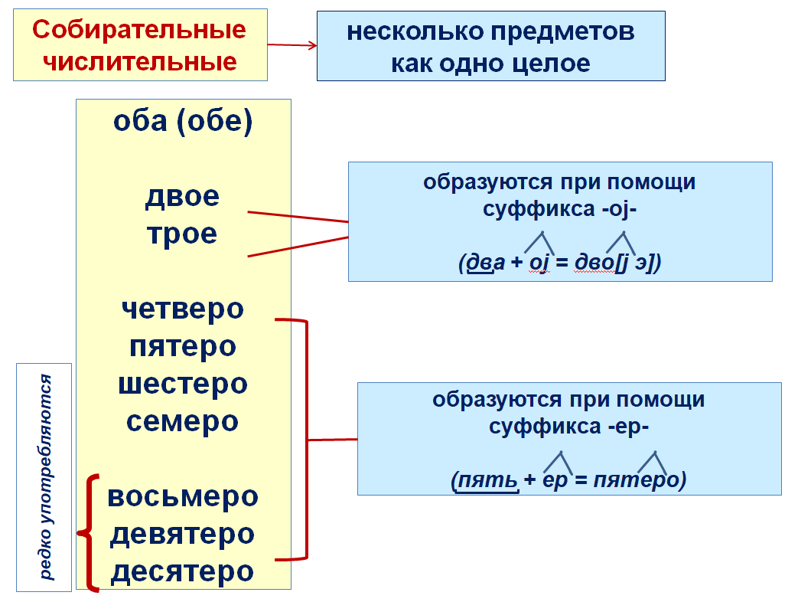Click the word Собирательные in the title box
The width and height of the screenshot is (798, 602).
(139, 30)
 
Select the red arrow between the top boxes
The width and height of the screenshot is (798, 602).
(292, 44)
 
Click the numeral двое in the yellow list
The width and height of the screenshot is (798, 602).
(182, 197)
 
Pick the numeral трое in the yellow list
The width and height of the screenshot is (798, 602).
(182, 234)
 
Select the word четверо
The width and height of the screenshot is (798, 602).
(182, 309)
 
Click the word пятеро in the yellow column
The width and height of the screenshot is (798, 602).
(182, 346)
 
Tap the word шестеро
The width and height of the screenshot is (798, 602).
(182, 383)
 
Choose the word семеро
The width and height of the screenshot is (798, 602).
(182, 420)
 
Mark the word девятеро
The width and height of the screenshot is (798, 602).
(182, 534)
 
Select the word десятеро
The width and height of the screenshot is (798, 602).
(182, 571)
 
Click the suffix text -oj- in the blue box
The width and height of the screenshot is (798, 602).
(620, 209)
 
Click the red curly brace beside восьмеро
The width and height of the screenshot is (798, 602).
(90, 533)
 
